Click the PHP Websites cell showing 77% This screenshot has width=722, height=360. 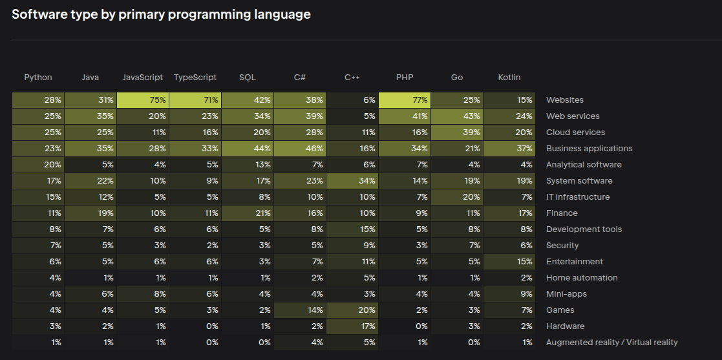point(405,100)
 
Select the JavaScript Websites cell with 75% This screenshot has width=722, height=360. point(143,100)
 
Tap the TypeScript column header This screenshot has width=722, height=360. point(195,78)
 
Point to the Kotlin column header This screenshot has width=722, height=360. point(509,78)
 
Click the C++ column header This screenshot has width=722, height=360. point(352,78)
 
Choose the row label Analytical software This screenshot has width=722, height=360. point(584,165)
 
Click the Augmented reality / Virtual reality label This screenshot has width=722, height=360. point(611,343)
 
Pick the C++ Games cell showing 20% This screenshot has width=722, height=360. point(352,310)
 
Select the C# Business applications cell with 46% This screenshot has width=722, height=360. point(300,149)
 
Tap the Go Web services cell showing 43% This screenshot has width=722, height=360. point(457,116)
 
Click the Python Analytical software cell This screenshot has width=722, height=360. point(38,165)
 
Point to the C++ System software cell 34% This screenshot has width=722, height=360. point(352,181)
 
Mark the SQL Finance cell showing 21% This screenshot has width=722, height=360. point(248,213)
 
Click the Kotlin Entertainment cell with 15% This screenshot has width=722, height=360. point(509,262)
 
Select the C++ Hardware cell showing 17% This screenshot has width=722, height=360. point(352,326)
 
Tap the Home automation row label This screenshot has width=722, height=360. point(582,278)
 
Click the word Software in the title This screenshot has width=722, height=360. point(39,14)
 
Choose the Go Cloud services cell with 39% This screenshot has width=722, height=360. point(457,132)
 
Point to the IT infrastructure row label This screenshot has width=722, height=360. point(578,197)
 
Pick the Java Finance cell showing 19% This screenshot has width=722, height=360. point(90,213)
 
